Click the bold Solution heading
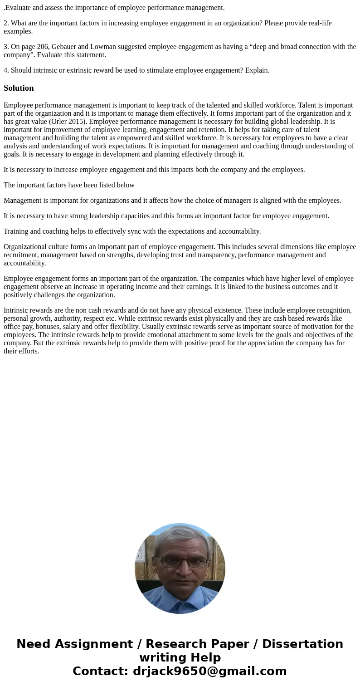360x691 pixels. coord(19,88)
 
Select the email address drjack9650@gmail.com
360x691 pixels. coord(209,671)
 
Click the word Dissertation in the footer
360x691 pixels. coord(302,644)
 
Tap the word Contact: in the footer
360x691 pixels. coord(100,671)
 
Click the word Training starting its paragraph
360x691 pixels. coord(17,231)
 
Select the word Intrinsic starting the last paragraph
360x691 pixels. coord(17,310)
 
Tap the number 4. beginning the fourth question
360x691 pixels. coord(6,70)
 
